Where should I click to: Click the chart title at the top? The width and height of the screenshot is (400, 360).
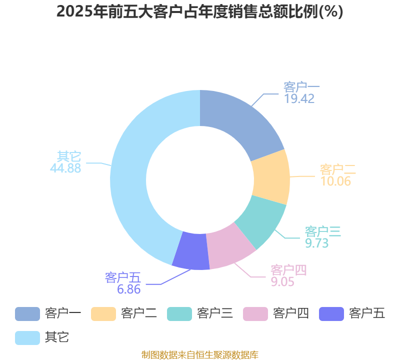tap(199, 11)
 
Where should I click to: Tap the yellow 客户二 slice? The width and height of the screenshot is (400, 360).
tap(271, 177)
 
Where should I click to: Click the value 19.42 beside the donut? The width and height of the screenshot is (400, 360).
tap(299, 99)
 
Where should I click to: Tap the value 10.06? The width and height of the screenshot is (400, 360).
tap(335, 181)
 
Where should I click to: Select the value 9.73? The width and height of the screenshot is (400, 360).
tap(317, 243)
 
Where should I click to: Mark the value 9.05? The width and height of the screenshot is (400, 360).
tap(282, 282)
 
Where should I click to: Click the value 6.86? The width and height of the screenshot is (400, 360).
tap(129, 289)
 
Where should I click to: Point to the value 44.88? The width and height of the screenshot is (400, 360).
tap(65, 168)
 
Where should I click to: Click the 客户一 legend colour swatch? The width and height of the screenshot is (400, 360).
tap(27, 314)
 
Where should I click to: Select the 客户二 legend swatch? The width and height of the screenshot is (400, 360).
tap(103, 314)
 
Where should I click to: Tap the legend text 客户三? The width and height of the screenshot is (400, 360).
tap(215, 313)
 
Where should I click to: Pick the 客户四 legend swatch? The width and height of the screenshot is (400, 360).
tap(255, 314)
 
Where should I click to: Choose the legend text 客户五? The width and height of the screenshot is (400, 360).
tap(367, 313)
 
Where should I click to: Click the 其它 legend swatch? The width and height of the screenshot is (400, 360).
tap(27, 338)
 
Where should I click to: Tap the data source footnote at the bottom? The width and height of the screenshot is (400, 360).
tap(200, 355)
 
